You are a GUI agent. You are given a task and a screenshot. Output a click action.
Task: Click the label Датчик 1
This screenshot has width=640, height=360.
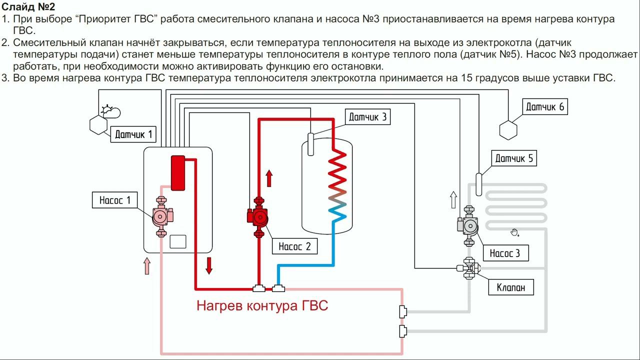(133, 134)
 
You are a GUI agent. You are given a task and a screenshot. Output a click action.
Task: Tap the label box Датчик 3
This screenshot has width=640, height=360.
(367, 117)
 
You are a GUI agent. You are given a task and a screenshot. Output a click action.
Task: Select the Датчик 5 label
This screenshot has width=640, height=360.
(514, 159)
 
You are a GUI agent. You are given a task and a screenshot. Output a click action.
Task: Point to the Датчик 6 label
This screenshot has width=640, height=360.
(544, 106)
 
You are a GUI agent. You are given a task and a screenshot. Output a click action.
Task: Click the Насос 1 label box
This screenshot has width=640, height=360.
(114, 200)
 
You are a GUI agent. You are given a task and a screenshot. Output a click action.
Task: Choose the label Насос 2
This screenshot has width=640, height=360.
(294, 246)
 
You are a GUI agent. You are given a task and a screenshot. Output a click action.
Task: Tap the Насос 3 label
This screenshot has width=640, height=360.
(504, 253)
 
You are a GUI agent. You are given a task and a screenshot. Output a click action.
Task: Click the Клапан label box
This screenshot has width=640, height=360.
(510, 287)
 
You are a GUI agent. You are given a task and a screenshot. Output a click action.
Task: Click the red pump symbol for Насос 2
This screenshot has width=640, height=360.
(258, 217)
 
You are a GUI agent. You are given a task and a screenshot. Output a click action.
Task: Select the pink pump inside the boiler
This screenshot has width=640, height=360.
(161, 216)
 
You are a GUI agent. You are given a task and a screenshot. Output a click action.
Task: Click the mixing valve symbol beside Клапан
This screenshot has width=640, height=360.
(469, 268)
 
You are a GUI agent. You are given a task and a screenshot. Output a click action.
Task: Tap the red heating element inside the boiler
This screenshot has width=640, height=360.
(177, 172)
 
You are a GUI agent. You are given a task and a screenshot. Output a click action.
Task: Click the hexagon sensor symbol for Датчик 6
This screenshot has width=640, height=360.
(508, 130)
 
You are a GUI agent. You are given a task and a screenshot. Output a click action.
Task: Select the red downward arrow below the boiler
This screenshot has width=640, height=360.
(209, 265)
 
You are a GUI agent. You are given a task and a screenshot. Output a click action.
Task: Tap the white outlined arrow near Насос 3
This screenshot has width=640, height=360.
(453, 199)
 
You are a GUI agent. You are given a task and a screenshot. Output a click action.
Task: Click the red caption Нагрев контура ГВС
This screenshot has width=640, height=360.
(262, 305)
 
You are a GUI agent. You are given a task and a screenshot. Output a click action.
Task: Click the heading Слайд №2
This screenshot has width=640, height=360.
(28, 7)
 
